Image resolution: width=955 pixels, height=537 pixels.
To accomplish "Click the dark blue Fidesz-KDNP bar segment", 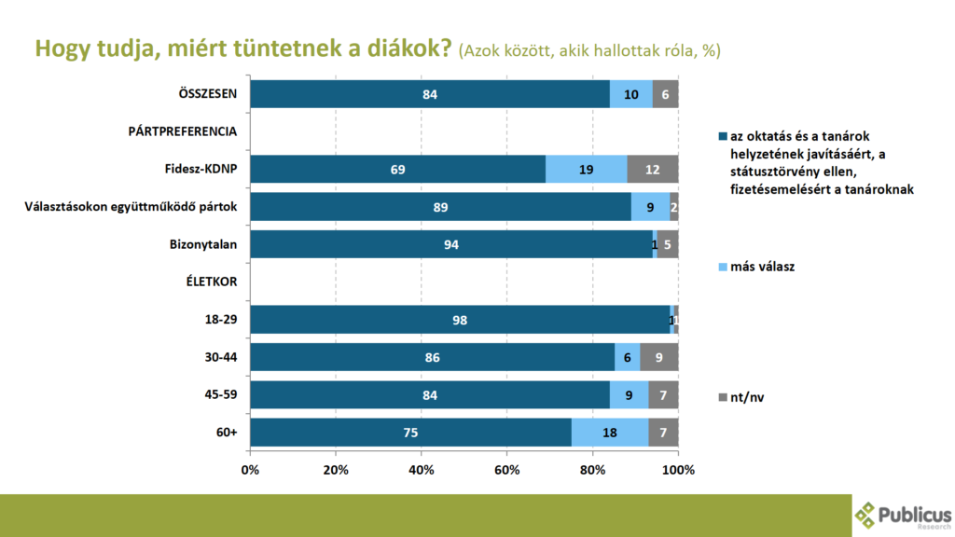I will pyautogui.click(x=397, y=169).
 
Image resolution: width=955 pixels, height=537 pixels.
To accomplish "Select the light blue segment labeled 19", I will pyautogui.click(x=586, y=169).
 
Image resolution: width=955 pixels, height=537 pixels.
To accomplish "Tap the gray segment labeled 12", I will pyautogui.click(x=652, y=169).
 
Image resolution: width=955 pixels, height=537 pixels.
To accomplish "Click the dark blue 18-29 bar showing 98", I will pyautogui.click(x=460, y=320).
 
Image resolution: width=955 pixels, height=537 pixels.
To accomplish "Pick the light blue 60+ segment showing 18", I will pyautogui.click(x=609, y=433).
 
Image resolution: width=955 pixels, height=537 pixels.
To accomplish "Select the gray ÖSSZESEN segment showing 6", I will pyautogui.click(x=665, y=94).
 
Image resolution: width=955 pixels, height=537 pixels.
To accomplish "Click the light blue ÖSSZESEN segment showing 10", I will pyautogui.click(x=630, y=94).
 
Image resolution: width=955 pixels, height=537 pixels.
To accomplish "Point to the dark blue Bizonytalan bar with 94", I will pyautogui.click(x=451, y=244).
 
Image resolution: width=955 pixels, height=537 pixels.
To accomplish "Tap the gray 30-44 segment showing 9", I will pyautogui.click(x=658, y=357).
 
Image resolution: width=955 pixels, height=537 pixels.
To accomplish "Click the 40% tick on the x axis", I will pyautogui.click(x=422, y=469).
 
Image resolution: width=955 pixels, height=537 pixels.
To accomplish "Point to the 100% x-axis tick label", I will pyautogui.click(x=678, y=469).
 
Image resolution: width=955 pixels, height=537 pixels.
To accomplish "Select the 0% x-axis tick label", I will pyautogui.click(x=250, y=469).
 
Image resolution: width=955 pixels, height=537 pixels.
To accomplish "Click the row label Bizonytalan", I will pyautogui.click(x=201, y=244).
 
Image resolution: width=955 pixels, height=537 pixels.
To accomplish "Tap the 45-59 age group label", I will pyautogui.click(x=220, y=394).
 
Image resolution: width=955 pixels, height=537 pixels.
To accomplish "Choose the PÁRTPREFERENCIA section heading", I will pyautogui.click(x=182, y=131).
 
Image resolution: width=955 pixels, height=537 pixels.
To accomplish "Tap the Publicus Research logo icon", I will pyautogui.click(x=866, y=516).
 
